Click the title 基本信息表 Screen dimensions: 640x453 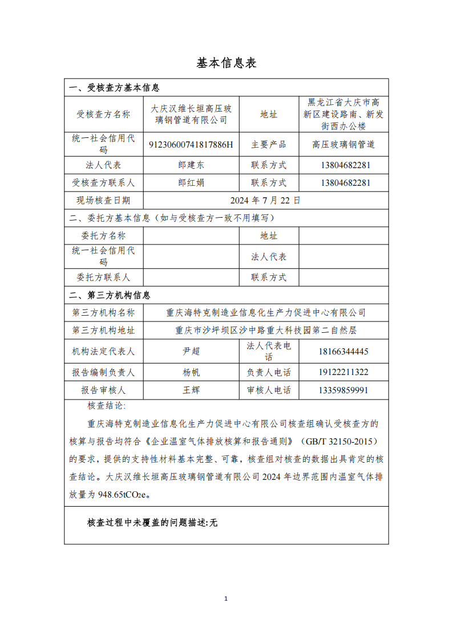click(226, 63)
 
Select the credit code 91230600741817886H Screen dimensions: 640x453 click(191, 145)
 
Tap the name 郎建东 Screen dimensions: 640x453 click(191, 165)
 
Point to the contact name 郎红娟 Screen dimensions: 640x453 click(191, 183)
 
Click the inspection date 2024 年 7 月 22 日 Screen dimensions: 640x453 click(265, 201)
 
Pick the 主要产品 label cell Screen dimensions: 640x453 click(269, 145)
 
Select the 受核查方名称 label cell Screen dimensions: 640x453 click(103, 114)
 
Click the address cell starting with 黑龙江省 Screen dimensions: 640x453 click(343, 114)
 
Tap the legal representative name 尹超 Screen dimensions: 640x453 click(191, 351)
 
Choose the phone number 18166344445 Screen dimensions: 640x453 click(343, 351)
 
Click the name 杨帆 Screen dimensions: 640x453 click(191, 373)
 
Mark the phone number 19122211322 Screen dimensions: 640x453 click(343, 373)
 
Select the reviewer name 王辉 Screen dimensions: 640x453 click(191, 390)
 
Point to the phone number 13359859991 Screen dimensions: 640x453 click(343, 390)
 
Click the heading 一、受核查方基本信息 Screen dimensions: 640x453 click(114, 88)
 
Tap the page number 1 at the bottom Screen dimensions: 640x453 click(226, 598)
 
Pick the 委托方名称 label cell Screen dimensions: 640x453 click(103, 236)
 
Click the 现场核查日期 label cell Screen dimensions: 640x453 click(103, 201)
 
